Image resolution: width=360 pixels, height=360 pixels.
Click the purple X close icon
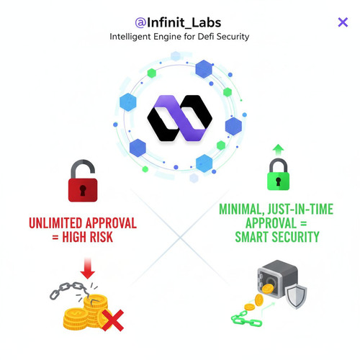(343, 22)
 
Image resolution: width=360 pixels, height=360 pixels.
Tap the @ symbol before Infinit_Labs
(140, 23)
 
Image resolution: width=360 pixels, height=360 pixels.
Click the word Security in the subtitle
(233, 37)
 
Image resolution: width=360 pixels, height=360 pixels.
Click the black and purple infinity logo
(179, 118)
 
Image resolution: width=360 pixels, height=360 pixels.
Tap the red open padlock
(83, 181)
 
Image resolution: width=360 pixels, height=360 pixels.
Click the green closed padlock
(278, 174)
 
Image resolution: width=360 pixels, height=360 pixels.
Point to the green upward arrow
(278, 150)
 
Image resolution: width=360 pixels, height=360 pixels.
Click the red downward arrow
(88, 269)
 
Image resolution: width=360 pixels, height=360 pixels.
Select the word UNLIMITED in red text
(55, 223)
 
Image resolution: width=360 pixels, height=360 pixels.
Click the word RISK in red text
(102, 237)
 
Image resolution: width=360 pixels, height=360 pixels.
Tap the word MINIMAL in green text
(241, 209)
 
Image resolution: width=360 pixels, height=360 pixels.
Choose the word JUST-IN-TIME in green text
(300, 209)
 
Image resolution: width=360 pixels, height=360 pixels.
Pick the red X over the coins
(113, 320)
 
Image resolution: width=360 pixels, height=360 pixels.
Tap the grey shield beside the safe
(297, 296)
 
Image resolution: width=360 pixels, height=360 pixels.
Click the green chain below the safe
(246, 319)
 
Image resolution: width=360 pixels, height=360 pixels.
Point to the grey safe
(277, 279)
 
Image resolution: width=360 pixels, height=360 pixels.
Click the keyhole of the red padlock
(83, 190)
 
